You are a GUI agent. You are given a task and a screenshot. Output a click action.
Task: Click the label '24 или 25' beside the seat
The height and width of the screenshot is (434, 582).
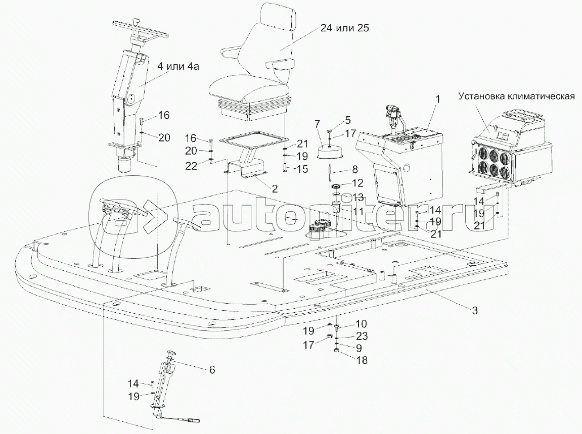344,28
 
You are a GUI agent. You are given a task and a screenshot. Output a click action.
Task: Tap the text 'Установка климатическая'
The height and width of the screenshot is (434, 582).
516,97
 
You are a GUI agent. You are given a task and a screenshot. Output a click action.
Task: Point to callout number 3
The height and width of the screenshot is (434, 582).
475,311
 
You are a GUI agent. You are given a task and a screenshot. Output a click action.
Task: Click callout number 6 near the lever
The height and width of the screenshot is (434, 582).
211,369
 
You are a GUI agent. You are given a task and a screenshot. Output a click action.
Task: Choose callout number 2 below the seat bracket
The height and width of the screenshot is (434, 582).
274,188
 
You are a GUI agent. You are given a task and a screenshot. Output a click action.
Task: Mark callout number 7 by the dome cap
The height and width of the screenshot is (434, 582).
317,123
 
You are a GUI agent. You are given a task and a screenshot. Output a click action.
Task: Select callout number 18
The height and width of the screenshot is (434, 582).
362,360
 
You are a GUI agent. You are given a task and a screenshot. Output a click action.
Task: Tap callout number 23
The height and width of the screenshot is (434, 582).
362,336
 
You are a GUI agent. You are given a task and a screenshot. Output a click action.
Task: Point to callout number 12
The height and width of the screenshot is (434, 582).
358,183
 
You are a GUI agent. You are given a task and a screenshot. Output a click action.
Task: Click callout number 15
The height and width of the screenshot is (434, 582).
302,169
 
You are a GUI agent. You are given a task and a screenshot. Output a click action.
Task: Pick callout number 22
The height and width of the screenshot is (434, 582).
191,166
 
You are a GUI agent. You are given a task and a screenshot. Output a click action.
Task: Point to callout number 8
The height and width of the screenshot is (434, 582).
354,169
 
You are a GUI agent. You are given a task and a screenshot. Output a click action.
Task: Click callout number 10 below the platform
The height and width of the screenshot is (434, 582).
362,324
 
